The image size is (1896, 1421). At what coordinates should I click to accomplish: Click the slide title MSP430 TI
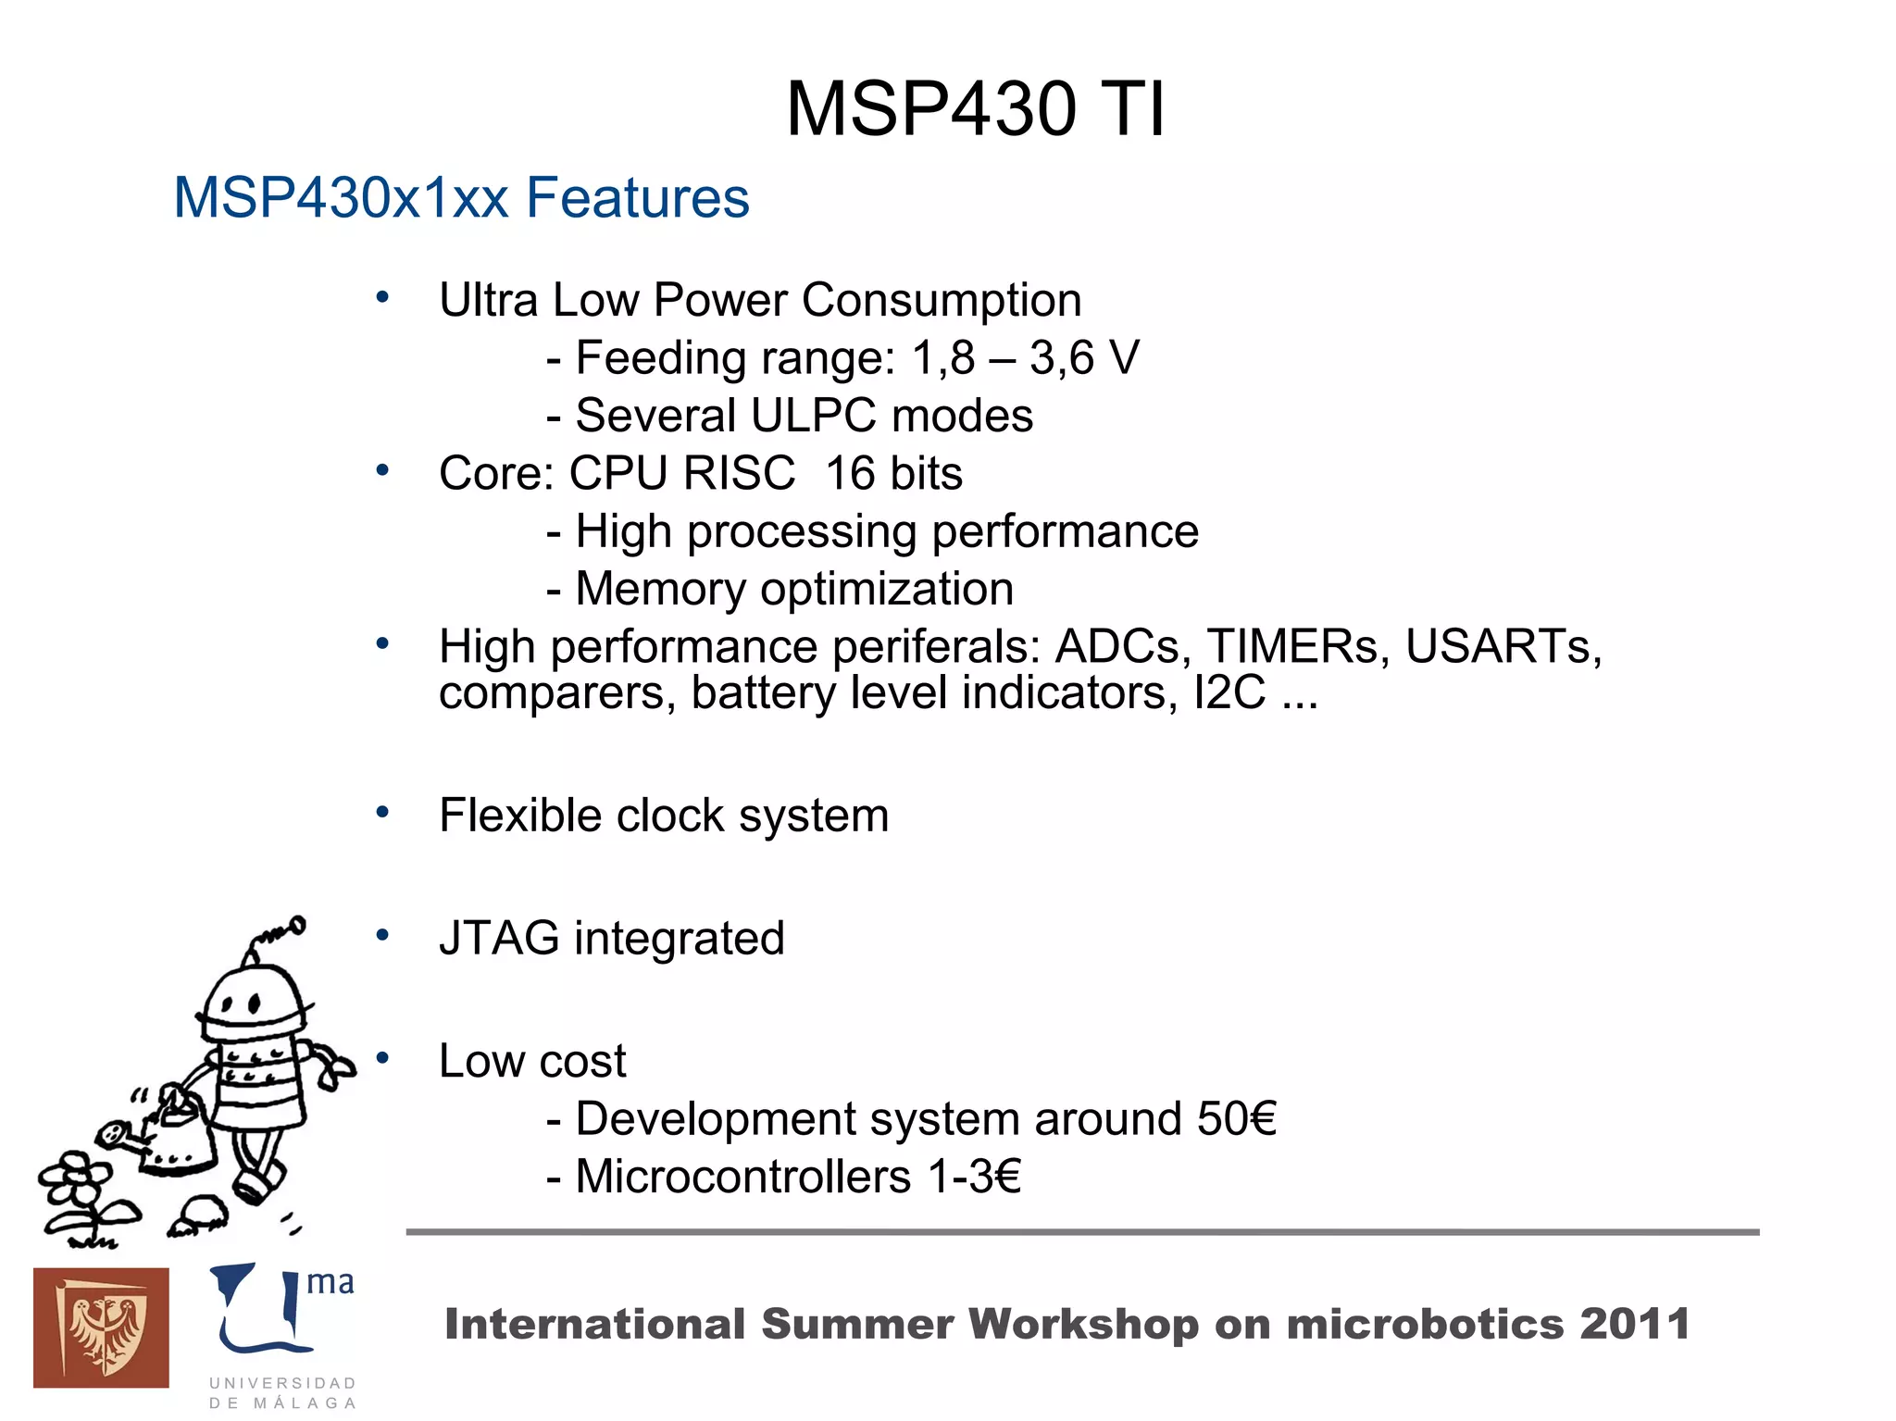tap(975, 109)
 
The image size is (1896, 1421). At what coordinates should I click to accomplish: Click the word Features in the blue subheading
tap(637, 198)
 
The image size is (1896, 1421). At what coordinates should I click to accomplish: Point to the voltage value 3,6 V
tap(1084, 357)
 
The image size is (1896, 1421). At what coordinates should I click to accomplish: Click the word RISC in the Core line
tap(738, 473)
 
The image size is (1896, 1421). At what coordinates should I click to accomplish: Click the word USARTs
tap(1503, 646)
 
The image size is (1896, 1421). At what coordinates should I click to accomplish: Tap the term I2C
tap(1229, 692)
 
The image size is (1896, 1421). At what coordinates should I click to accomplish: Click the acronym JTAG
tap(499, 938)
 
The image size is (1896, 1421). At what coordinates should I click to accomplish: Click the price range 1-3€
tap(974, 1177)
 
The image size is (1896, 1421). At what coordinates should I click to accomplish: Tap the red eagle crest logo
tap(101, 1328)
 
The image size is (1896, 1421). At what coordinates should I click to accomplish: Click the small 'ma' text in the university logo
tap(330, 1282)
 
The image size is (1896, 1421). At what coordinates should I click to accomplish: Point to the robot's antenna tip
tap(297, 924)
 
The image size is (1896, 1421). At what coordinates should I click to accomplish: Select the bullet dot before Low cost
tap(382, 1058)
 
